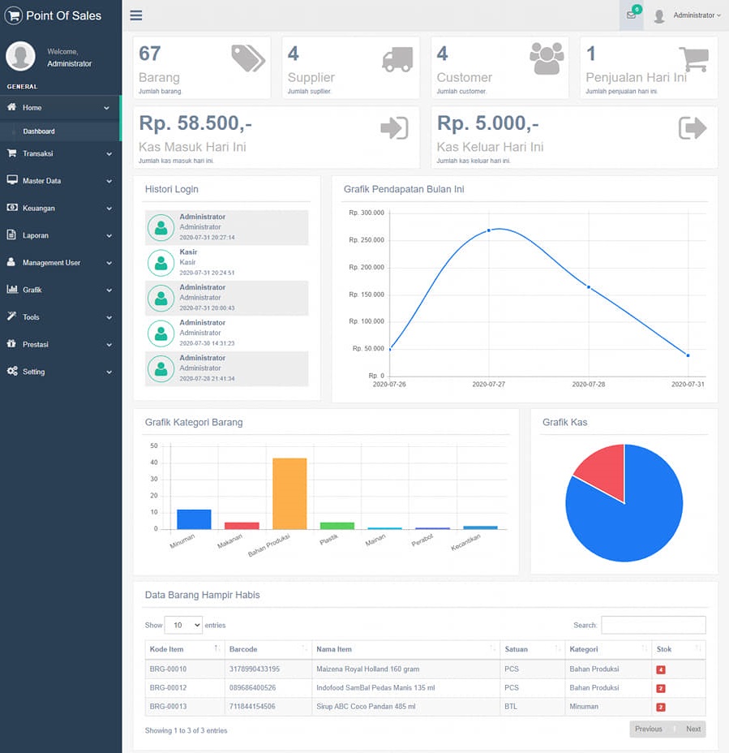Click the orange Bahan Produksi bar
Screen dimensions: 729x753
[x=289, y=493]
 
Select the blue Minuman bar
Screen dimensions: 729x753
[x=194, y=519]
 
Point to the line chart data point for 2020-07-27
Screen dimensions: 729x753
[x=489, y=230]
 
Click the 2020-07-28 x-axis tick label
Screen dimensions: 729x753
[x=589, y=384]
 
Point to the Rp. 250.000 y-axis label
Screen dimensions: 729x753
[x=367, y=239]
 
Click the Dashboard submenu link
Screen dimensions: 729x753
[x=39, y=131]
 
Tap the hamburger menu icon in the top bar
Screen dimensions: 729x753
[x=135, y=15]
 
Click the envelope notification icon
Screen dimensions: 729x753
[x=631, y=15]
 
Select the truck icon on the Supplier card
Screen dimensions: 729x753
[x=397, y=59]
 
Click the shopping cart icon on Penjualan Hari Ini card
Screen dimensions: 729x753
[x=694, y=59]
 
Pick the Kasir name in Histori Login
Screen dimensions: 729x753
[x=188, y=252]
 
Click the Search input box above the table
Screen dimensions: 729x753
[x=653, y=625]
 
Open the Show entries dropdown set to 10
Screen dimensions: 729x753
[x=183, y=625]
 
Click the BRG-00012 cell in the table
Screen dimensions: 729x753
[x=168, y=688]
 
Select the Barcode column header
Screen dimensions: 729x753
[x=243, y=649]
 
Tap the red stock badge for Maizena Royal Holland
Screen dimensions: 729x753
[x=661, y=669]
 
